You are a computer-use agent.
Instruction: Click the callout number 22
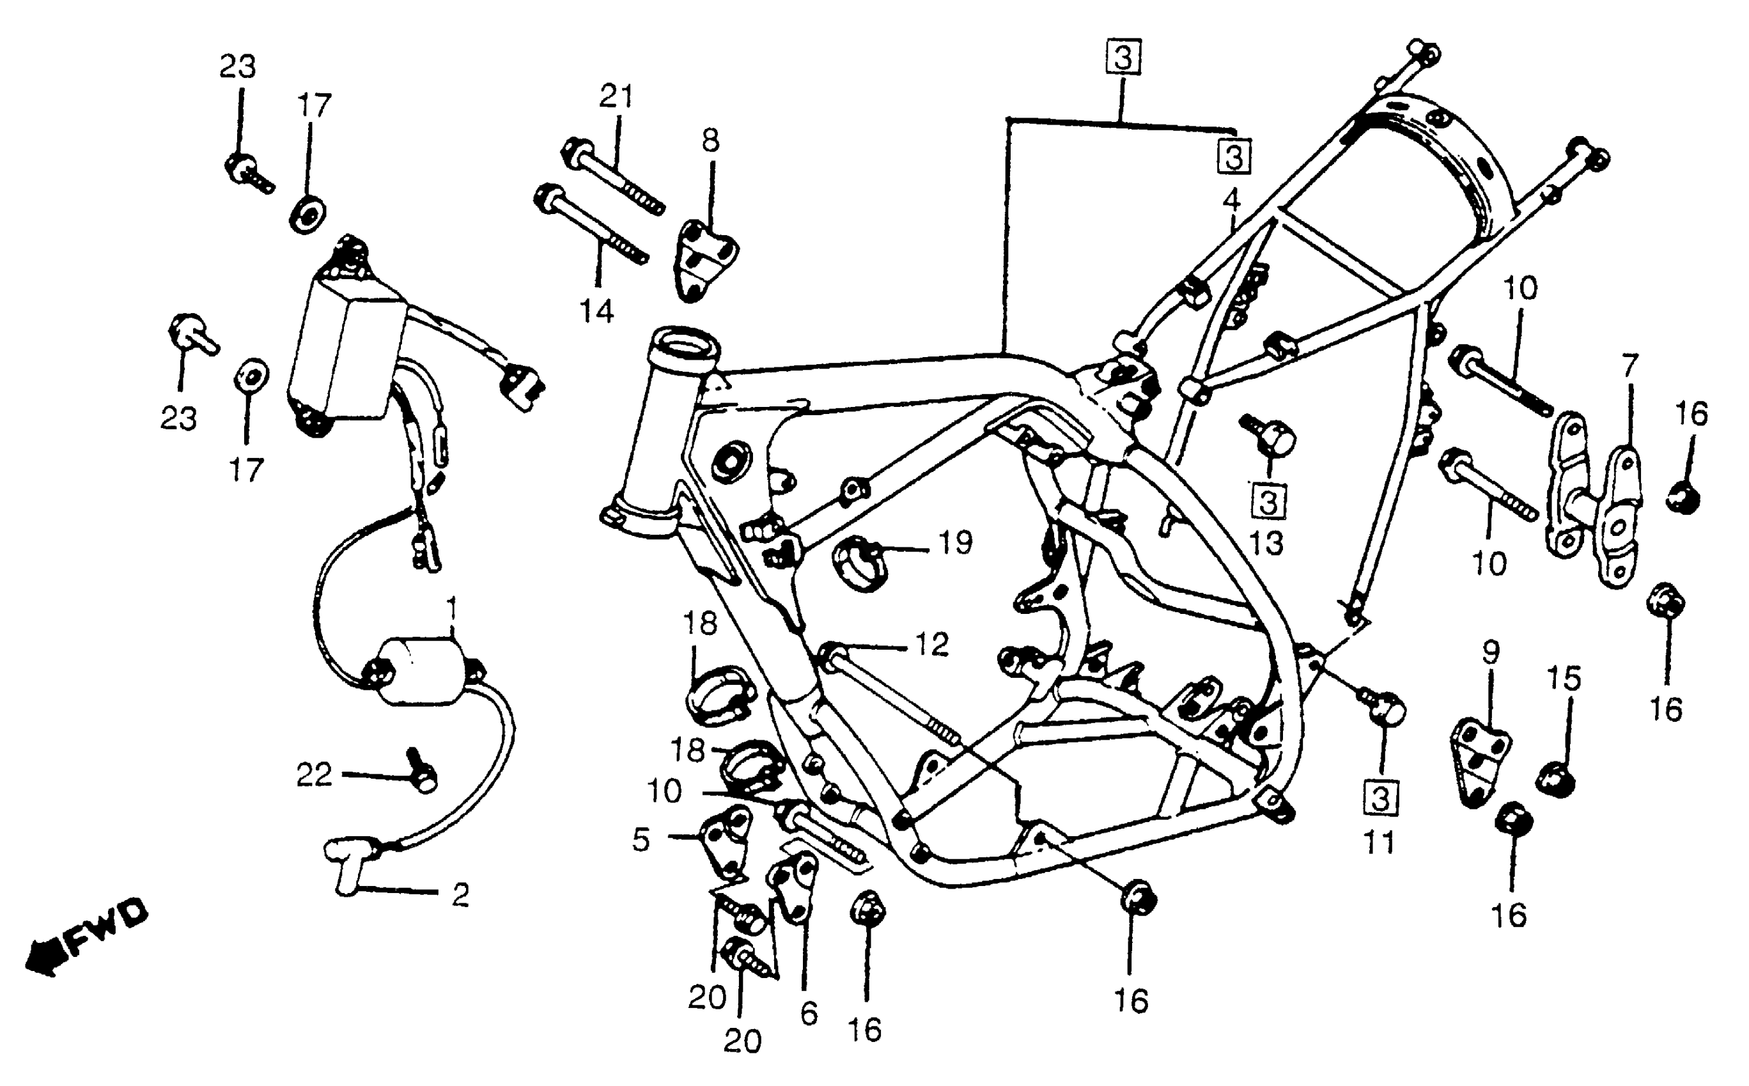pyautogui.click(x=315, y=775)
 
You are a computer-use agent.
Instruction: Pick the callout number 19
pyautogui.click(x=956, y=543)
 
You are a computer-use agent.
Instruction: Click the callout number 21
pyautogui.click(x=616, y=96)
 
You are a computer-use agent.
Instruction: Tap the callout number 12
pyautogui.click(x=932, y=645)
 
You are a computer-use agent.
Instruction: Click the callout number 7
pyautogui.click(x=1629, y=366)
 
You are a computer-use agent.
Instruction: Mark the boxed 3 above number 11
pyautogui.click(x=1380, y=798)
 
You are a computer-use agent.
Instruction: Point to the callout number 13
pyautogui.click(x=1266, y=544)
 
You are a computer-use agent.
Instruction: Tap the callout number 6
pyautogui.click(x=809, y=1013)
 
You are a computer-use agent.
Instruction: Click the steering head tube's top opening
pyautogui.click(x=684, y=342)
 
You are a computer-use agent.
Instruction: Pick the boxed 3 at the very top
pyautogui.click(x=1124, y=56)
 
